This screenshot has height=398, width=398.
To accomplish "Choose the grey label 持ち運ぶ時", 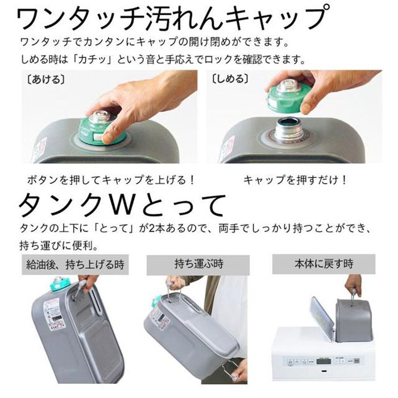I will pyautogui.click(x=198, y=264).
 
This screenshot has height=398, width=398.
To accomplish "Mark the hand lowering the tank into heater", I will pyautogui.click(x=354, y=284).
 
